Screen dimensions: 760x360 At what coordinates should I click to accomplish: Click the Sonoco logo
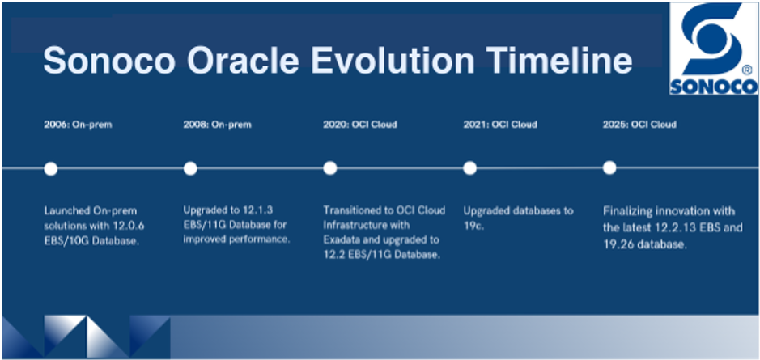pos(714,48)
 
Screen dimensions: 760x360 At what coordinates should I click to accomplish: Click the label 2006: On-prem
pos(78,125)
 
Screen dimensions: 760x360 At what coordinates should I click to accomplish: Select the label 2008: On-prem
pos(218,125)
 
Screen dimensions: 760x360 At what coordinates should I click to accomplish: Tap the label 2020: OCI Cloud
pos(360,125)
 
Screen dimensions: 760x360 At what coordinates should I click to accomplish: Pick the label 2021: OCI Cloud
pos(500,125)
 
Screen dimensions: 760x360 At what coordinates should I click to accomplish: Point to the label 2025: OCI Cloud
pos(639,125)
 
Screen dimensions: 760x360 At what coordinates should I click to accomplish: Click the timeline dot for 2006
pos(51,168)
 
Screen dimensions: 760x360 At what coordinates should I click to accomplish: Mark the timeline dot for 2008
pos(190,168)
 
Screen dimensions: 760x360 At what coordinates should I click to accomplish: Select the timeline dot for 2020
pos(330,168)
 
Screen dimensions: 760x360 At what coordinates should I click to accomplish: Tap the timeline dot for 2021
pos(469,168)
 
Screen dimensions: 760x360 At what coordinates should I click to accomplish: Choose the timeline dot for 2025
pos(609,167)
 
